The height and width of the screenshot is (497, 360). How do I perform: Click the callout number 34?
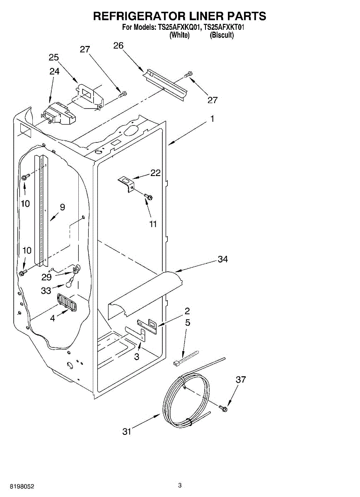click(223, 259)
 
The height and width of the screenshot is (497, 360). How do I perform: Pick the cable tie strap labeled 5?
click(186, 357)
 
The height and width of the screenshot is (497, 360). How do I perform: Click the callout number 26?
click(118, 46)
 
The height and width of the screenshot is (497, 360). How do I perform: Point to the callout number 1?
click(212, 119)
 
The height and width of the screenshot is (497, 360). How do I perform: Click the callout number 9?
click(62, 207)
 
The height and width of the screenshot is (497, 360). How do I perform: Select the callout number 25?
click(54, 57)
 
